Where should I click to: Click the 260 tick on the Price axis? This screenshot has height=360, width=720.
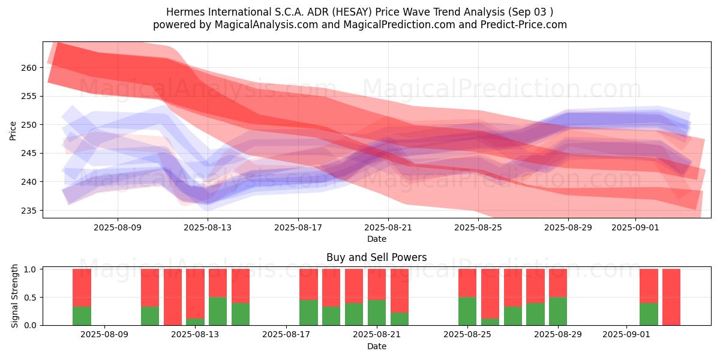tap(29, 68)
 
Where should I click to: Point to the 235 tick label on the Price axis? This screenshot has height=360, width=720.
tap(29, 211)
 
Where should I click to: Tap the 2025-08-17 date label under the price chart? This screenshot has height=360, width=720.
tap(298, 227)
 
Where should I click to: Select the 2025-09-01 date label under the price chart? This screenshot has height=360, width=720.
tap(635, 227)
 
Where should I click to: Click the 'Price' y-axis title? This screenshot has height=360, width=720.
tap(13, 131)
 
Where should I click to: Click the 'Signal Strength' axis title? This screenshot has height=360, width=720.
tap(14, 296)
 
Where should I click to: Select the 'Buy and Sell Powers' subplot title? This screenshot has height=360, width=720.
tap(376, 257)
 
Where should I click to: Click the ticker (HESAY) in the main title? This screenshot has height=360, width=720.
tap(352, 12)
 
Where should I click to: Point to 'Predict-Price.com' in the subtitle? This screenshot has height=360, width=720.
tap(524, 25)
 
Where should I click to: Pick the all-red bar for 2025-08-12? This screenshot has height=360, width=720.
tap(173, 297)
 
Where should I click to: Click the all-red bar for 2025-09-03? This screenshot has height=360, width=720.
tap(671, 297)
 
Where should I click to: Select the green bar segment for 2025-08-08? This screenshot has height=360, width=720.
tap(82, 316)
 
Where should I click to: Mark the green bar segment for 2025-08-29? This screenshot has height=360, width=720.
tap(557, 311)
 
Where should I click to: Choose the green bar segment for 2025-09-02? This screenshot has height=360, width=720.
tap(649, 314)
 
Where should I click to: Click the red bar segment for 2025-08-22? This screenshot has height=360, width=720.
tap(400, 291)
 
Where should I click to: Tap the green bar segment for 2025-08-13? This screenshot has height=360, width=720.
tap(195, 322)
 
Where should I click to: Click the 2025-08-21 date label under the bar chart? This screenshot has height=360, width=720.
tap(377, 335)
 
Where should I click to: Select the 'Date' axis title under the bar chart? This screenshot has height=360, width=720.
tap(377, 346)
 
